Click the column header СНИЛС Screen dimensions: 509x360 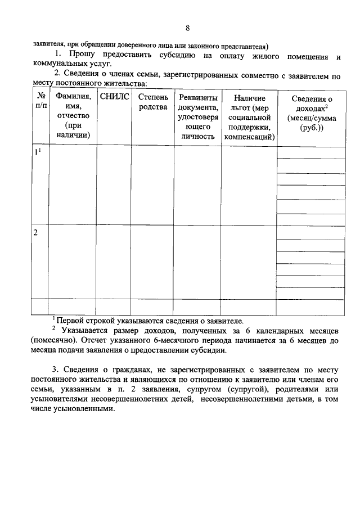[x=114, y=97]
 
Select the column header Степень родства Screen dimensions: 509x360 [x=152, y=102]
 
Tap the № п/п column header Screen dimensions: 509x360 [x=40, y=101]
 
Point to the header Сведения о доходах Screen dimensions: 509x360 [x=311, y=113]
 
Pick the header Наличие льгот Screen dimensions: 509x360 [x=249, y=116]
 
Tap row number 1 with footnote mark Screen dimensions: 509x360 [x=37, y=152]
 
